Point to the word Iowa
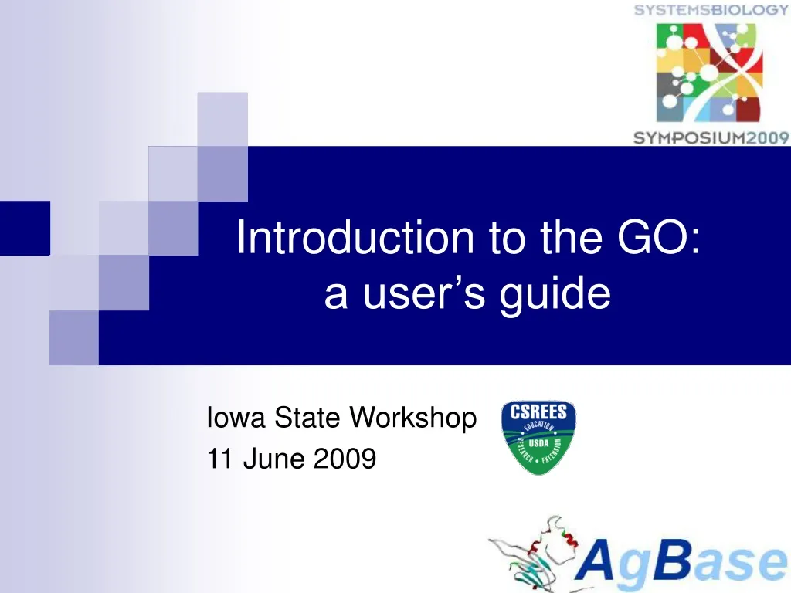pos(227,418)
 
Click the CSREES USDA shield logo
pos(538,437)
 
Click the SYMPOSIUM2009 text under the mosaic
pos(711,138)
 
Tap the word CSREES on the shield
pos(538,413)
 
